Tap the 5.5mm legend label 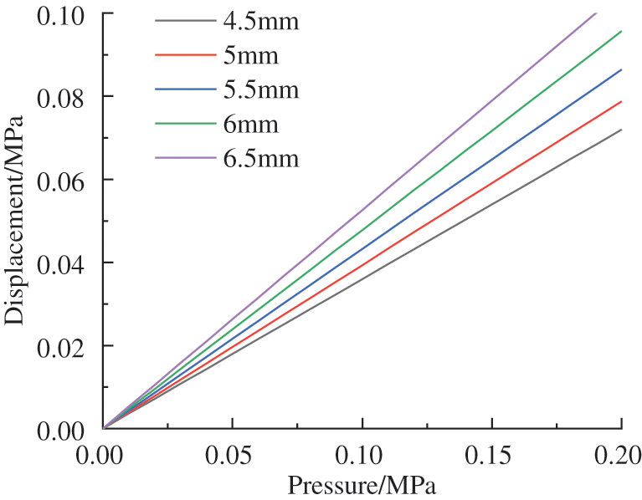click(x=260, y=89)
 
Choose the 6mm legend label click(x=250, y=124)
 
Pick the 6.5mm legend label click(x=260, y=157)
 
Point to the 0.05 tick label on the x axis click(x=232, y=456)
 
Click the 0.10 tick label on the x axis click(x=362, y=456)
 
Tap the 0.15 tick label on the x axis click(x=492, y=456)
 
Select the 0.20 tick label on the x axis click(x=619, y=456)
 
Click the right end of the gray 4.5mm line click(x=621, y=130)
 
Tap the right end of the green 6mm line click(x=621, y=32)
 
